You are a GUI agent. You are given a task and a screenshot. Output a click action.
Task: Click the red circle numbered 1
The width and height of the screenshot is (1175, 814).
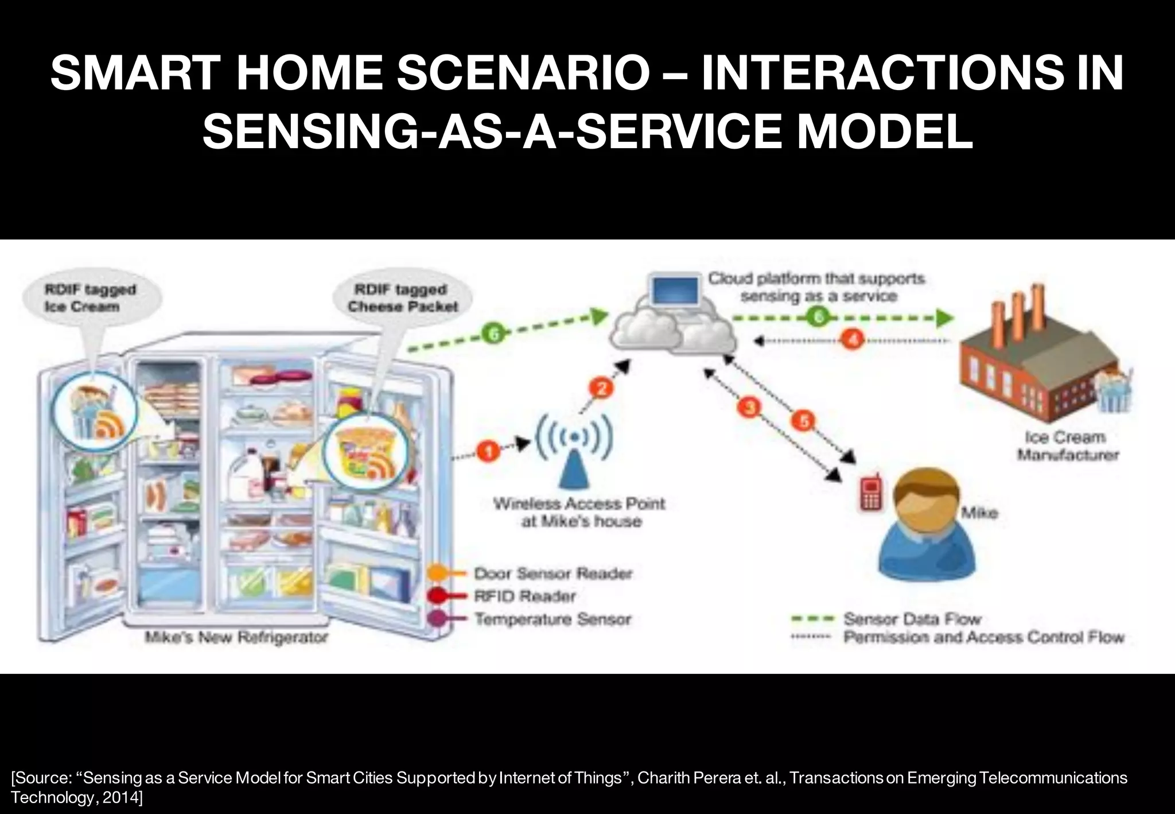(x=488, y=452)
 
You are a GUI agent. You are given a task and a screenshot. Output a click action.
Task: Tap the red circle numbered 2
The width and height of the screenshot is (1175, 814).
(x=602, y=389)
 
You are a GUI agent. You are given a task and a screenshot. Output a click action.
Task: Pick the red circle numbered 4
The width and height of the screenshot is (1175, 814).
(x=853, y=340)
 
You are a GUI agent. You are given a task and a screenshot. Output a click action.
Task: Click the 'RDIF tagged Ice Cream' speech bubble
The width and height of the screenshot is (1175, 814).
(x=91, y=298)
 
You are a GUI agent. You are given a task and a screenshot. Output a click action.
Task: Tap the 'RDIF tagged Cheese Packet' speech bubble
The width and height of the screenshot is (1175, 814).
(x=403, y=298)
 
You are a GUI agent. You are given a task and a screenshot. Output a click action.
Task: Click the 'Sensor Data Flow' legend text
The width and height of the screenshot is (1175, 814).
(x=912, y=619)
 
